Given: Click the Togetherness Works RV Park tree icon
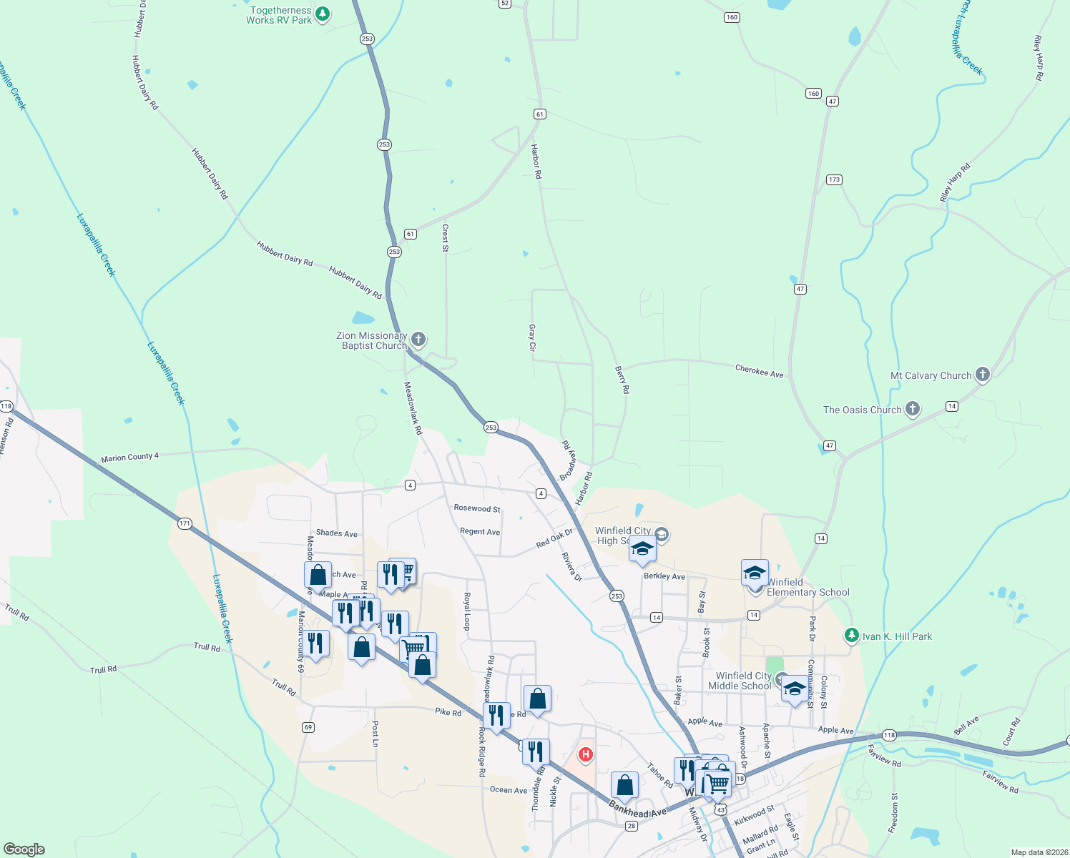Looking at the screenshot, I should [x=323, y=13].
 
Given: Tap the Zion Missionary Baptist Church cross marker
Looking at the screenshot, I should [x=418, y=339].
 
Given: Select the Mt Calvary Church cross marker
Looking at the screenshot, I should [x=983, y=374].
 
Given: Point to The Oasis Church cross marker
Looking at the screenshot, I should [x=912, y=409].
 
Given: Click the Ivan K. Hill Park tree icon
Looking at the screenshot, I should [x=851, y=635].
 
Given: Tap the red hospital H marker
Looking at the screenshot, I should [x=586, y=754].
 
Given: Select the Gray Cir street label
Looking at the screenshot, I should [x=532, y=337].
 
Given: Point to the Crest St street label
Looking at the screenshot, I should [x=446, y=238].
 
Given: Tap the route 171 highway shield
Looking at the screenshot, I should [x=185, y=523].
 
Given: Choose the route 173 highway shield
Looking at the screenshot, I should [x=834, y=179].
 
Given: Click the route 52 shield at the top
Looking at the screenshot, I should [x=505, y=4].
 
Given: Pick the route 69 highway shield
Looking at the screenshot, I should [x=308, y=727].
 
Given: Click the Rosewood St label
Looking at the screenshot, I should [x=477, y=508].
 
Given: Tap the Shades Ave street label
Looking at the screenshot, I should [x=336, y=533].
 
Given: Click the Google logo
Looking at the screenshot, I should [x=24, y=849].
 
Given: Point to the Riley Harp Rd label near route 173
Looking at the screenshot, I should [x=955, y=183].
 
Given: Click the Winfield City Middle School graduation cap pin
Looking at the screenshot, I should [x=794, y=690].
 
